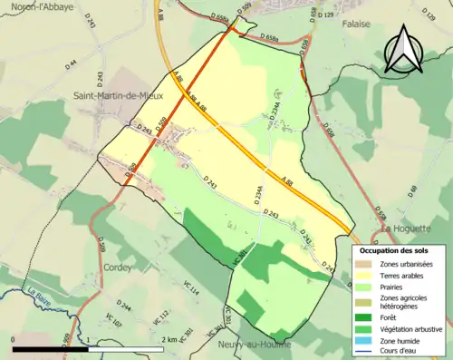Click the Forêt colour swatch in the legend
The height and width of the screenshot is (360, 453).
click(364, 316)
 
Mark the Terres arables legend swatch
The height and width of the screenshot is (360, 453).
click(364, 274)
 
